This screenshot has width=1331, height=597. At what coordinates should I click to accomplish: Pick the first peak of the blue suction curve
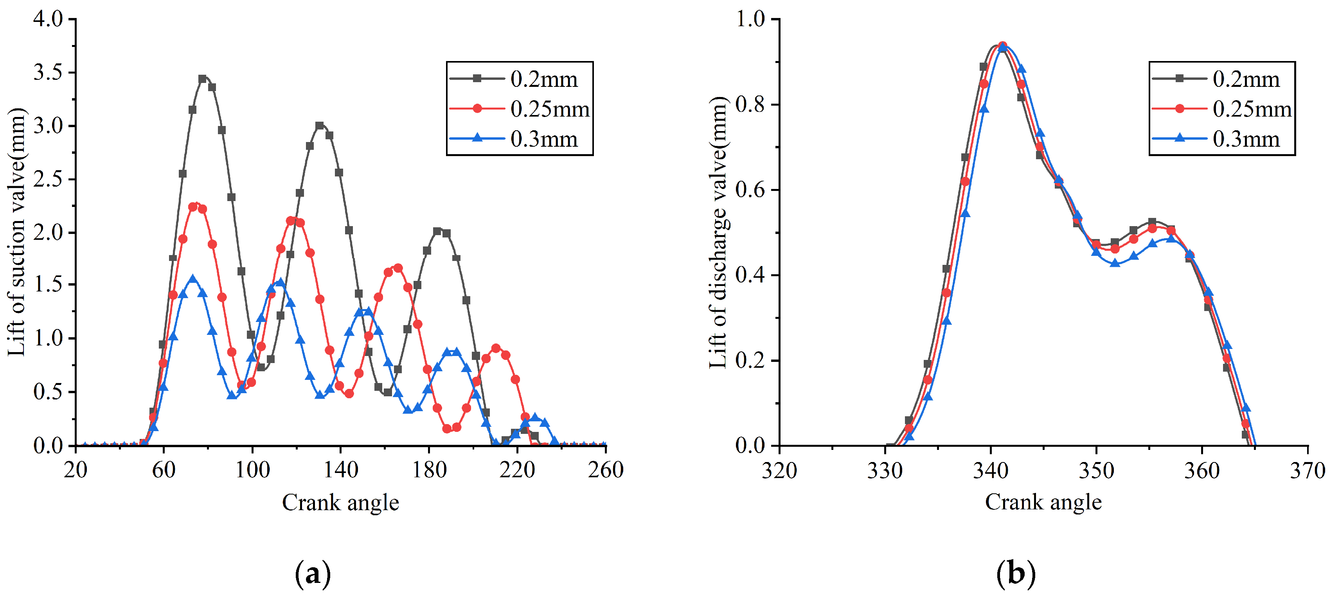tap(193, 279)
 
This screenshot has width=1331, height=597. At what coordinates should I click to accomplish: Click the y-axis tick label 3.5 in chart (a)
tap(48, 72)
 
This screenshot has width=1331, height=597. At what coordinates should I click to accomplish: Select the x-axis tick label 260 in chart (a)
tap(606, 470)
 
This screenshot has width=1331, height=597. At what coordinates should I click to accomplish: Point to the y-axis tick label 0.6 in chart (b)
tap(750, 190)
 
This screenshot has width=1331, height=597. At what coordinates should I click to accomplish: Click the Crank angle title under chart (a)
tap(340, 502)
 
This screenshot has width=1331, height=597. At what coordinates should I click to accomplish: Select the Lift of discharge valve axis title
tap(718, 233)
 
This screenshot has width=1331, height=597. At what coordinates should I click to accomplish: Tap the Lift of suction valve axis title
tap(16, 233)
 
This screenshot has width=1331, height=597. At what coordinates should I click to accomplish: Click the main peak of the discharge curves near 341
tap(1002, 45)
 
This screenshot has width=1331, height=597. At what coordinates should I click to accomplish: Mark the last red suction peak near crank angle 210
tap(496, 348)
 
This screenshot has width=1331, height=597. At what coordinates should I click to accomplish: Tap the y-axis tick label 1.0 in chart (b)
tap(750, 19)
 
